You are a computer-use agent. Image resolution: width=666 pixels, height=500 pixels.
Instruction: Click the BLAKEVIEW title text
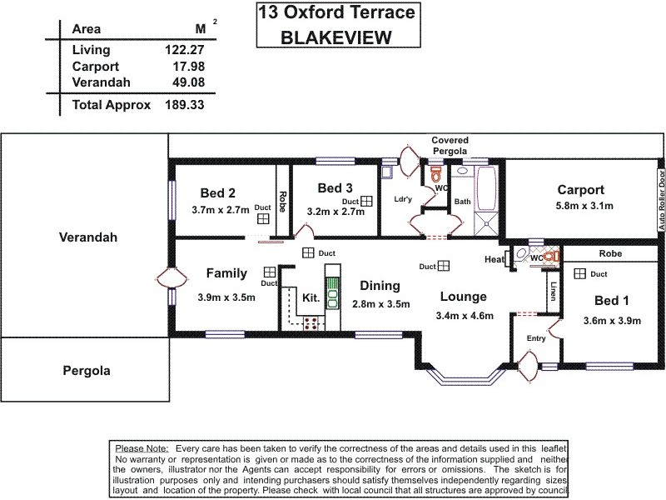pos(336,37)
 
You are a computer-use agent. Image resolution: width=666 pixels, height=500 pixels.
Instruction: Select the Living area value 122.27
pos(185,50)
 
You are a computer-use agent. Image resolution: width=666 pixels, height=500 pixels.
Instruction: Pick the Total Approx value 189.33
pos(185,106)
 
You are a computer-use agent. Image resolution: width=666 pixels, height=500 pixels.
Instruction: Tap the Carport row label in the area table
pos(96,67)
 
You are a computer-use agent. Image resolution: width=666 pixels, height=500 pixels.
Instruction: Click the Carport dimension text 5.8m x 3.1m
pos(584,206)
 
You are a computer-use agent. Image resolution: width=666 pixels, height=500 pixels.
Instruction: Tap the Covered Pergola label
pos(450,146)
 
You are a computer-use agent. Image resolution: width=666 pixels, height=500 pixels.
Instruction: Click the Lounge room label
pos(464,297)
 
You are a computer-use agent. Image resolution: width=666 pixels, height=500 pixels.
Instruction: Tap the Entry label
pos(535,337)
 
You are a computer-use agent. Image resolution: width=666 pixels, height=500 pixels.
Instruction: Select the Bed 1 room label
pos(611,301)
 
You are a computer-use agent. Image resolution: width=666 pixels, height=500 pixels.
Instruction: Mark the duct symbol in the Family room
pos(269,272)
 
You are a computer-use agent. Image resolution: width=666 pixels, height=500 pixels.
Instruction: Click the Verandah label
pos(88,237)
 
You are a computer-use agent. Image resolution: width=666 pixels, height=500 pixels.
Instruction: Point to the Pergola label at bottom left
pos(87,371)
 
